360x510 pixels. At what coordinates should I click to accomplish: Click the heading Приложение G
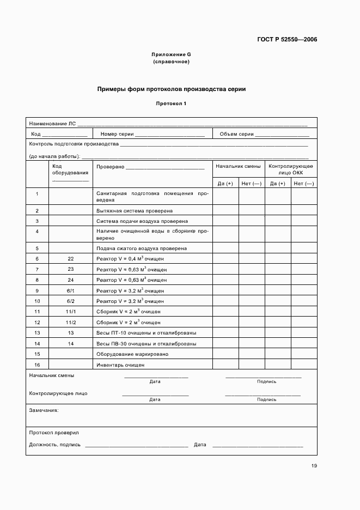click(171, 55)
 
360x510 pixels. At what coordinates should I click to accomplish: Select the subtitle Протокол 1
click(171, 103)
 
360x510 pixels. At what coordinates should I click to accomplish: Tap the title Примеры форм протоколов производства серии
click(171, 89)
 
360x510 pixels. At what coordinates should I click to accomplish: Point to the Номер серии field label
click(113, 134)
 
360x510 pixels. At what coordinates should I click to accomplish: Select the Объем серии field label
click(236, 134)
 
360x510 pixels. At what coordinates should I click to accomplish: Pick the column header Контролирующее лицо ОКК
click(290, 169)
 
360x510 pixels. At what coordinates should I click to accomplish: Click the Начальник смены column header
click(238, 166)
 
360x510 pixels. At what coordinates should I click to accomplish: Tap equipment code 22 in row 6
click(70, 259)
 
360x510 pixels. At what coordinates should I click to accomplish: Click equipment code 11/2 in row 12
click(70, 323)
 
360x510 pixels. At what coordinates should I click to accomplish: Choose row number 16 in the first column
click(37, 365)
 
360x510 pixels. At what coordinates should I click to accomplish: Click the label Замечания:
click(44, 410)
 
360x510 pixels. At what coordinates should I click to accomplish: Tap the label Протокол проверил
click(53, 432)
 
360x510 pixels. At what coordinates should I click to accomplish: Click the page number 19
click(314, 465)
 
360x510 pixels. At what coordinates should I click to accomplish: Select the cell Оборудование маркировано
click(132, 354)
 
